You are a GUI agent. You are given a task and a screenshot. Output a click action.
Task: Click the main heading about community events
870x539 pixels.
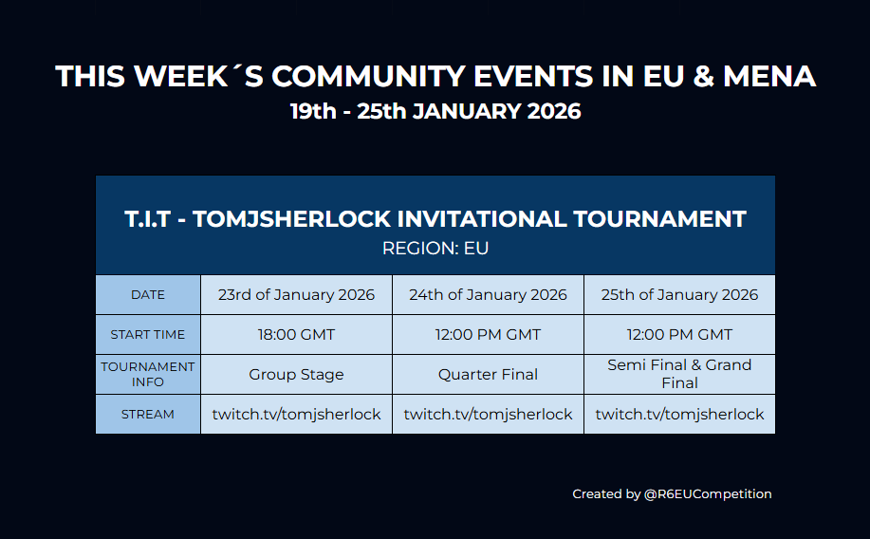(435, 76)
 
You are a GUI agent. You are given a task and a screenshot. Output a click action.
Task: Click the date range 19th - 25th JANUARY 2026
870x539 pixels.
(435, 111)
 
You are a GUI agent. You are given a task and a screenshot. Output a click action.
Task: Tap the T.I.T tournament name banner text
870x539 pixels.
(435, 219)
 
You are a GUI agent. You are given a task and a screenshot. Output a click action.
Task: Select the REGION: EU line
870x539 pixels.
(435, 249)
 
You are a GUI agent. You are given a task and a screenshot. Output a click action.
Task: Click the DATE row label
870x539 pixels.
(148, 295)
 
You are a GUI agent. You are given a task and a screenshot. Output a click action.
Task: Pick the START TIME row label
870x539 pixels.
(148, 335)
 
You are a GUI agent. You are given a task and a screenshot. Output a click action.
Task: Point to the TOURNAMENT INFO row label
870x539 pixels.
(148, 374)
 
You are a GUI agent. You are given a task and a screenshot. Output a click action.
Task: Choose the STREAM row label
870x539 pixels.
(148, 415)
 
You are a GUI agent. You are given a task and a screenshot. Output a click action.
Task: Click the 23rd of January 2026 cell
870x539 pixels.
(296, 295)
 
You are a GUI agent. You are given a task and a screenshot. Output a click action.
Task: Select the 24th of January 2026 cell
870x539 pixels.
(488, 295)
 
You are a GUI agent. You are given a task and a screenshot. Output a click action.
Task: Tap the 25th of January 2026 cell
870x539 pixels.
(679, 295)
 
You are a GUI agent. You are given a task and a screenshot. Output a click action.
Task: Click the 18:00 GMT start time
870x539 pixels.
(296, 335)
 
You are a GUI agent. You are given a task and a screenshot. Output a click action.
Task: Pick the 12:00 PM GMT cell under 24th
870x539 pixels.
(488, 335)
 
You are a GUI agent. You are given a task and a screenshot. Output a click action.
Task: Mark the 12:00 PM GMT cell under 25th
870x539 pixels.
(679, 335)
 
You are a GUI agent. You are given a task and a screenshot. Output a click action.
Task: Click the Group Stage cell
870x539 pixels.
(296, 375)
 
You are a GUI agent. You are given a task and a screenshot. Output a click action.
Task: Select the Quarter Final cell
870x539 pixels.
(488, 375)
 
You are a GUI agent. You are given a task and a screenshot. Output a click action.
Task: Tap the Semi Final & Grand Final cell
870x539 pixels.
(679, 374)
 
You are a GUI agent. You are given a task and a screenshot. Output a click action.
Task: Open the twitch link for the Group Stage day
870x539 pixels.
(296, 415)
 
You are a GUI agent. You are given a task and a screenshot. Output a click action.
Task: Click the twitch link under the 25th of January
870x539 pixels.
(679, 415)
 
